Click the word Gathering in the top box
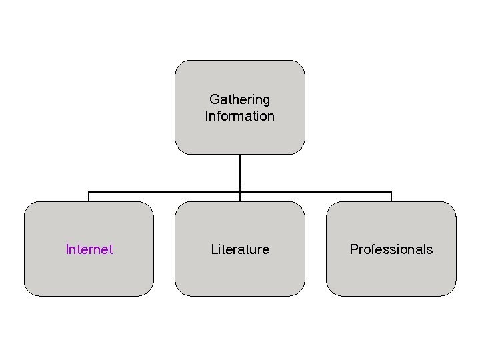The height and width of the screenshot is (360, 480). coord(240,99)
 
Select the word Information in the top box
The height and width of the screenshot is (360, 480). coord(240,116)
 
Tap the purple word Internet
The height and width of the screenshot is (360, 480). coord(89,249)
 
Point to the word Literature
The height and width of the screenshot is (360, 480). coord(240,249)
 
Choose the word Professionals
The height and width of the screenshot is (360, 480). coord(391,249)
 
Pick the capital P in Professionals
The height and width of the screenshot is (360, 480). coord(354,249)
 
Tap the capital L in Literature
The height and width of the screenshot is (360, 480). coord(214,249)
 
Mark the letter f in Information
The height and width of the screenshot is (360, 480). coord(220,116)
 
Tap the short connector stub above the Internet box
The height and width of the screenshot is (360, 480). coord(89,197)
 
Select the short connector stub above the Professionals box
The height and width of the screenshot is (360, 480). coord(391,197)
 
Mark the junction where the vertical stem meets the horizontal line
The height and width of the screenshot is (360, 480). coord(240,192)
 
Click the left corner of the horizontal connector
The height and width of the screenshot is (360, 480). coord(89,192)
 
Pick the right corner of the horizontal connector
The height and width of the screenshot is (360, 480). coord(391,192)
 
